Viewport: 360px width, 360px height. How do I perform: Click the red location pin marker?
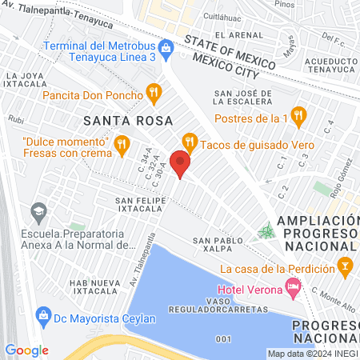coord(181,166)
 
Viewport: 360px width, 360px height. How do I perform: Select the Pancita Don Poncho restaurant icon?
coord(152,94)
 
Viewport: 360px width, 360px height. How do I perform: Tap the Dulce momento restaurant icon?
coord(122,145)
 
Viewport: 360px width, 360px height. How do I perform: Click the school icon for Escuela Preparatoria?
coord(38,213)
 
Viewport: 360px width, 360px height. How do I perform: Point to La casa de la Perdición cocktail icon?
coord(345,266)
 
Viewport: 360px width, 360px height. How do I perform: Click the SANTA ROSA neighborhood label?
coord(120,120)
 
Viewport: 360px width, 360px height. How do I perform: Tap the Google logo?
coord(26,350)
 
